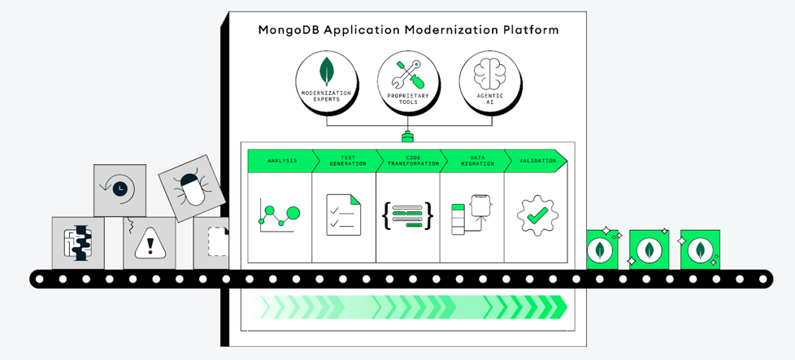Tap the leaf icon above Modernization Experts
tap(327, 72)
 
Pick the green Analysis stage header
tap(280, 161)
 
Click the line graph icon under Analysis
tap(279, 215)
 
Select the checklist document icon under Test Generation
tap(343, 215)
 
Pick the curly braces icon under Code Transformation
tap(407, 215)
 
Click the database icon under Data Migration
tap(470, 215)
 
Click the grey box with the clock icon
tap(119, 189)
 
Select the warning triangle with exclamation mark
tap(149, 242)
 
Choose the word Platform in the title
tap(531, 30)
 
